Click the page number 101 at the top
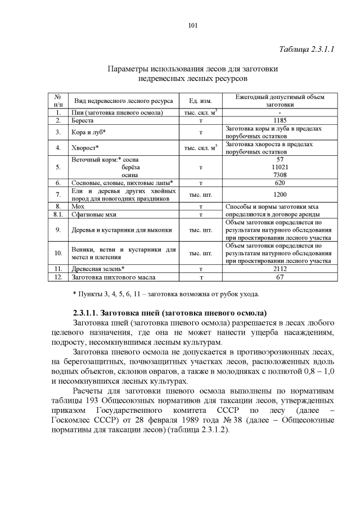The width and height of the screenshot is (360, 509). [x=192, y=25]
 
